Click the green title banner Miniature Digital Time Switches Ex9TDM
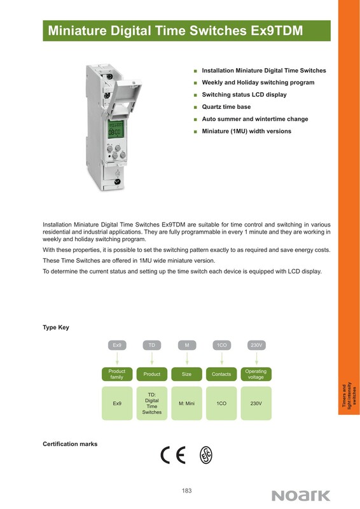tap(186, 31)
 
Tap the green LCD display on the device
tap(115, 129)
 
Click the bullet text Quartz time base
tap(226, 107)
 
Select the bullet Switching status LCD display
tap(244, 95)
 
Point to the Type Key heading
tap(56, 327)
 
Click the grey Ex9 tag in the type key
tap(117, 345)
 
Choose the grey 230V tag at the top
tap(256, 345)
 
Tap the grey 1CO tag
tap(222, 345)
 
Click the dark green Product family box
tap(117, 374)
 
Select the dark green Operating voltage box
tap(256, 374)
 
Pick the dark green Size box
tap(186, 374)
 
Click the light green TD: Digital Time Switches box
tap(151, 403)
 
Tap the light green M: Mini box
tap(186, 403)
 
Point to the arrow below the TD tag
tap(152, 358)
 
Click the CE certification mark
tap(173, 455)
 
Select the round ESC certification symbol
tap(206, 455)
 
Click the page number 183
tap(186, 491)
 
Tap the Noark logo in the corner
tap(301, 496)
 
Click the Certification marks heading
tap(70, 444)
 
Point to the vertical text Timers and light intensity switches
tap(349, 396)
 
